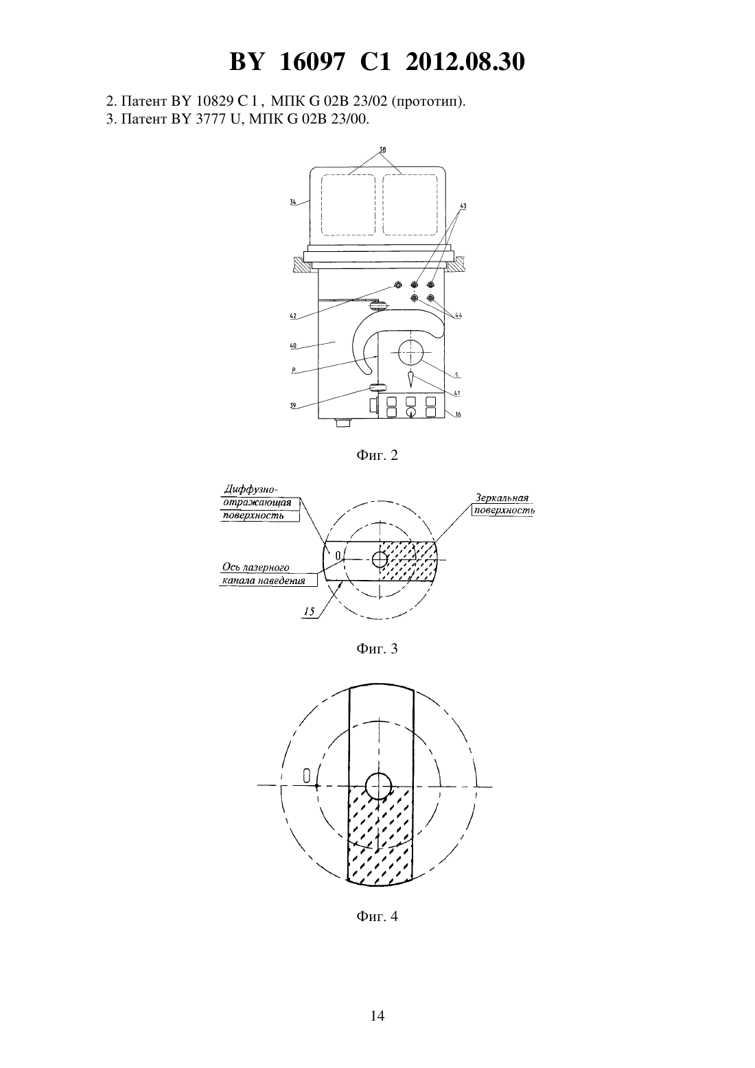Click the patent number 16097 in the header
pyautogui.click(x=311, y=62)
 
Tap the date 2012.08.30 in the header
pyautogui.click(x=465, y=62)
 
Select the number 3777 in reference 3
pyautogui.click(x=211, y=119)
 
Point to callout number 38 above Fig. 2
pyautogui.click(x=382, y=150)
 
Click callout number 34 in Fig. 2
pyautogui.click(x=293, y=202)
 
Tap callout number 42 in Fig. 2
pyautogui.click(x=293, y=316)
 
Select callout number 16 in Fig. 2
pyautogui.click(x=458, y=414)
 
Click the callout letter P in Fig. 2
pyautogui.click(x=293, y=369)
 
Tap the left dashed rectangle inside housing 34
pyautogui.click(x=348, y=205)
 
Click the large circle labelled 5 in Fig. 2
pyautogui.click(x=411, y=352)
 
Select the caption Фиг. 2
pyautogui.click(x=377, y=455)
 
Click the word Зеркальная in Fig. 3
pyautogui.click(x=502, y=498)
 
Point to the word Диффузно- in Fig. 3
pyautogui.click(x=251, y=489)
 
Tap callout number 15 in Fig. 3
pyautogui.click(x=310, y=612)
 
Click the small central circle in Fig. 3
pyautogui.click(x=380, y=559)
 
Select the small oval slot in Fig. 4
pyautogui.click(x=307, y=775)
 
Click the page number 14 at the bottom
pyautogui.click(x=377, y=1016)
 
